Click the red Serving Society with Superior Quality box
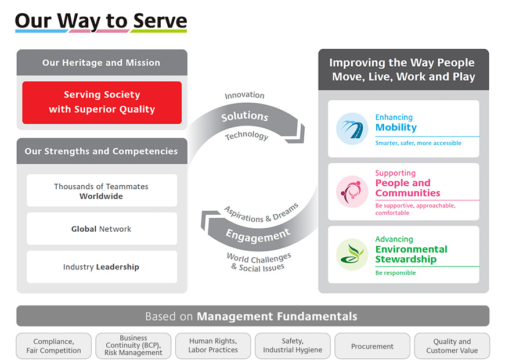click(102, 103)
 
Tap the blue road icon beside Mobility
click(352, 128)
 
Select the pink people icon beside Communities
click(352, 192)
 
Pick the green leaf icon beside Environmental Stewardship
click(352, 254)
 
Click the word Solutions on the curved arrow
click(245, 116)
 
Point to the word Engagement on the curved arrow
click(258, 235)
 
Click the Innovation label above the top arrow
click(244, 95)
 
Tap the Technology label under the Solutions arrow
click(247, 136)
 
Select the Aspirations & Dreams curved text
click(261, 213)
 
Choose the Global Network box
click(102, 229)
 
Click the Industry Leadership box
click(102, 267)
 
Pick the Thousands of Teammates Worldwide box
click(102, 190)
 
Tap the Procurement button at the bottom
click(372, 346)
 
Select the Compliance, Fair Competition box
click(54, 346)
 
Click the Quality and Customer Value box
click(452, 346)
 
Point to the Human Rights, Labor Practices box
click(213, 346)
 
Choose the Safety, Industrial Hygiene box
click(293, 346)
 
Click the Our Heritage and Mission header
click(102, 63)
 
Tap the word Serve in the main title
click(160, 21)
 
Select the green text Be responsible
click(395, 273)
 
